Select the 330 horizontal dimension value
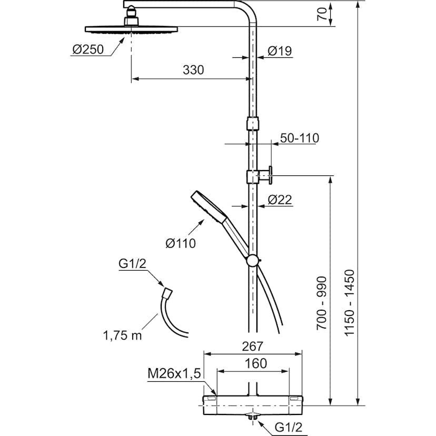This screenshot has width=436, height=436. [193, 70]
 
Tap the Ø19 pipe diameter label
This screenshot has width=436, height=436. [280, 51]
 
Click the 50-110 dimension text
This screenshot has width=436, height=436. [300, 138]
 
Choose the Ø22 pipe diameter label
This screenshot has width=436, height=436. [280, 200]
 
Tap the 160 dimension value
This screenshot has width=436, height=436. [255, 363]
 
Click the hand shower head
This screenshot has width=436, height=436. [206, 206]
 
